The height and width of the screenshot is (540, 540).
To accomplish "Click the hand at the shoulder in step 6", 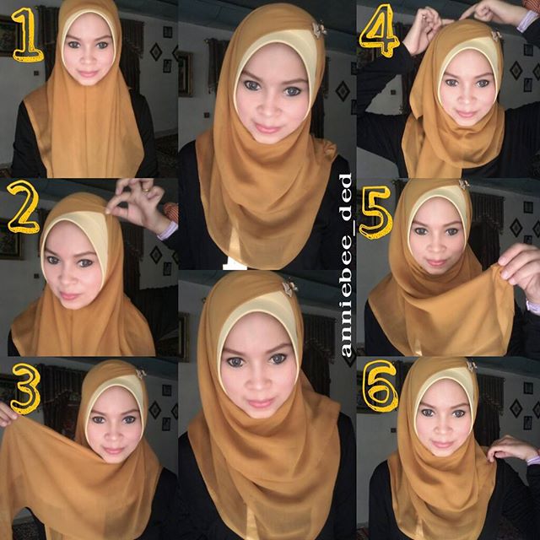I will point(514,448).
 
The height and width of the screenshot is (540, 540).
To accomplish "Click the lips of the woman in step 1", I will point(88,74).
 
